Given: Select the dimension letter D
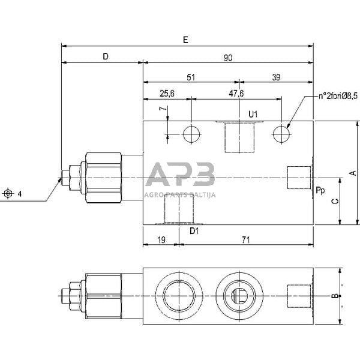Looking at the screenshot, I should pyautogui.click(x=105, y=56).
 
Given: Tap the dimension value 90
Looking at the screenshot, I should pyautogui.click(x=228, y=58).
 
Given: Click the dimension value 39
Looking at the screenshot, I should pyautogui.click(x=276, y=77).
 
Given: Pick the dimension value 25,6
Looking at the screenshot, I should pyautogui.click(x=167, y=94).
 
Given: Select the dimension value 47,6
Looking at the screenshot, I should pyautogui.click(x=236, y=94).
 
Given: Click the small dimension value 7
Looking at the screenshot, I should pyautogui.click(x=161, y=110).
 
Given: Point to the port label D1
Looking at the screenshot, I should pyautogui.click(x=194, y=230).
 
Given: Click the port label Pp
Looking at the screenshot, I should pyautogui.click(x=320, y=190).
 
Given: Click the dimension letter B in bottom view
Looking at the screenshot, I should pyautogui.click(x=335, y=295).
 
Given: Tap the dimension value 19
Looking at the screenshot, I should pyautogui.click(x=161, y=239).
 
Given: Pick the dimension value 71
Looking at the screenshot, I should pyautogui.click(x=246, y=239).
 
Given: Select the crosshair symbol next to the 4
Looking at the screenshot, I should pyautogui.click(x=8, y=193).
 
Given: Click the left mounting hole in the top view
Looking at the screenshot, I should pyautogui.click(x=191, y=134).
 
